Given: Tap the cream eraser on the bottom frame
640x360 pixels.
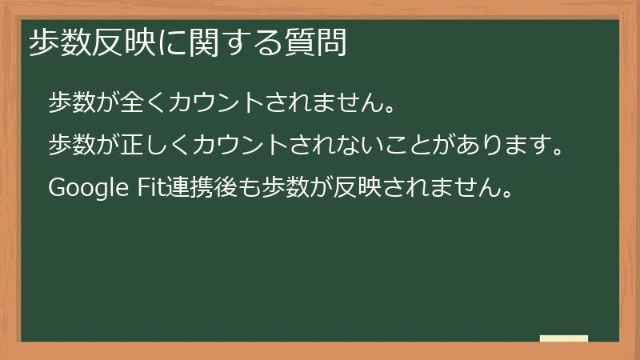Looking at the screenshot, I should (x=564, y=338).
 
